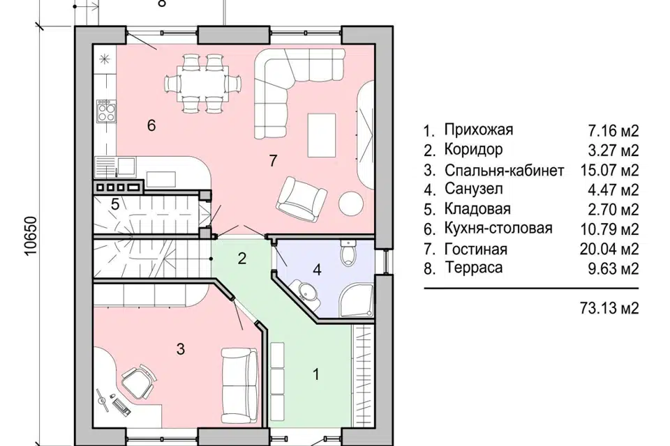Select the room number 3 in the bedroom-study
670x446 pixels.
pos(180,350)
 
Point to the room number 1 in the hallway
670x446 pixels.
pos(315,375)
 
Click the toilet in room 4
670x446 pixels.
pos(348,255)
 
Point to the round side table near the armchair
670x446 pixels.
pos(351,204)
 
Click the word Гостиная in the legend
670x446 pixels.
pos(475,249)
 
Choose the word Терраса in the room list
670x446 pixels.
pos(472,268)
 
